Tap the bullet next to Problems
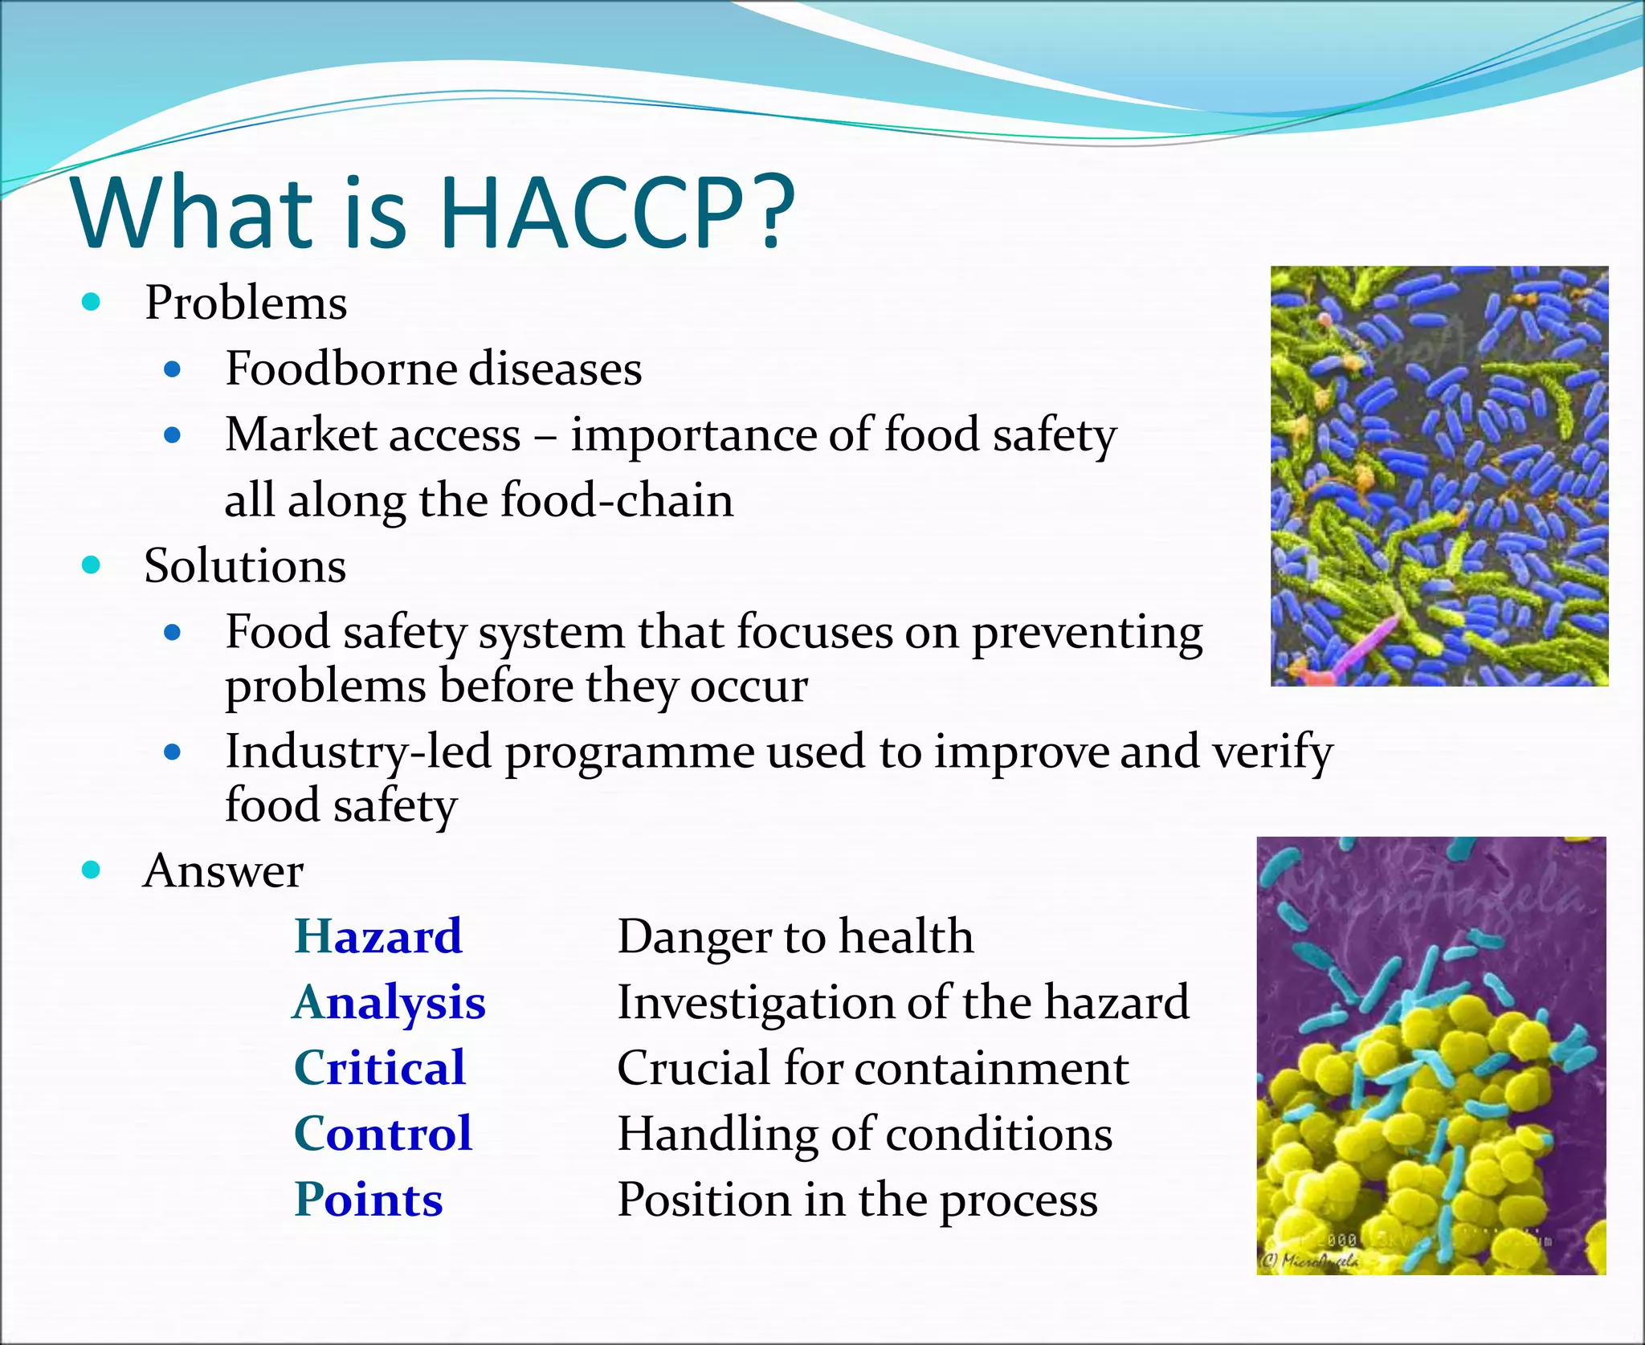91,303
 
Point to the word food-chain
616,500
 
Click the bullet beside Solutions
91,565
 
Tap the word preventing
1087,633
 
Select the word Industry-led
357,752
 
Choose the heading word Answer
222,870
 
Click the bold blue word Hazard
378,936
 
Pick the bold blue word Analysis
389,1002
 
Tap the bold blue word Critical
379,1068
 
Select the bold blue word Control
382,1134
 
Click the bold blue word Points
368,1200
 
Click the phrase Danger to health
795,936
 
